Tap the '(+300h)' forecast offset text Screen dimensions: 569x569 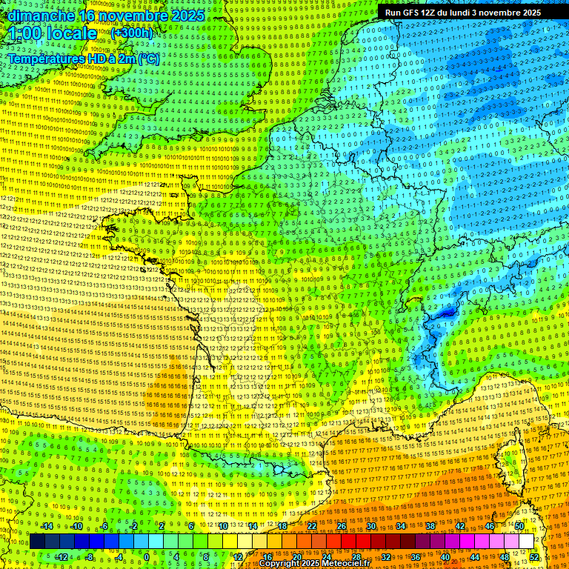tap(131, 33)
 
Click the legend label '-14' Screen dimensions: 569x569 tap(46, 526)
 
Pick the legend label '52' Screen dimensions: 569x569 tap(534, 556)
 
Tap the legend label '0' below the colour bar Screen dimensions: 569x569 tap(147, 556)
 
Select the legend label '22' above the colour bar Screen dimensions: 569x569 tap(312, 526)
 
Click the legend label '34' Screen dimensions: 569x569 tap(401, 526)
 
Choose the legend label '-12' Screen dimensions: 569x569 tap(61, 556)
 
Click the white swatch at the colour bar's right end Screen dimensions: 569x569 tap(526, 542)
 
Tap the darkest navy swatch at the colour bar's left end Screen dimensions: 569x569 tap(37, 542)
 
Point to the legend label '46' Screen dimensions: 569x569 tap(490, 526)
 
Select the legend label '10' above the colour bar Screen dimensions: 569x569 tap(223, 526)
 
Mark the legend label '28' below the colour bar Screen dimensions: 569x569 tap(356, 556)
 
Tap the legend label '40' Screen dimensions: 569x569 tap(445, 556)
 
